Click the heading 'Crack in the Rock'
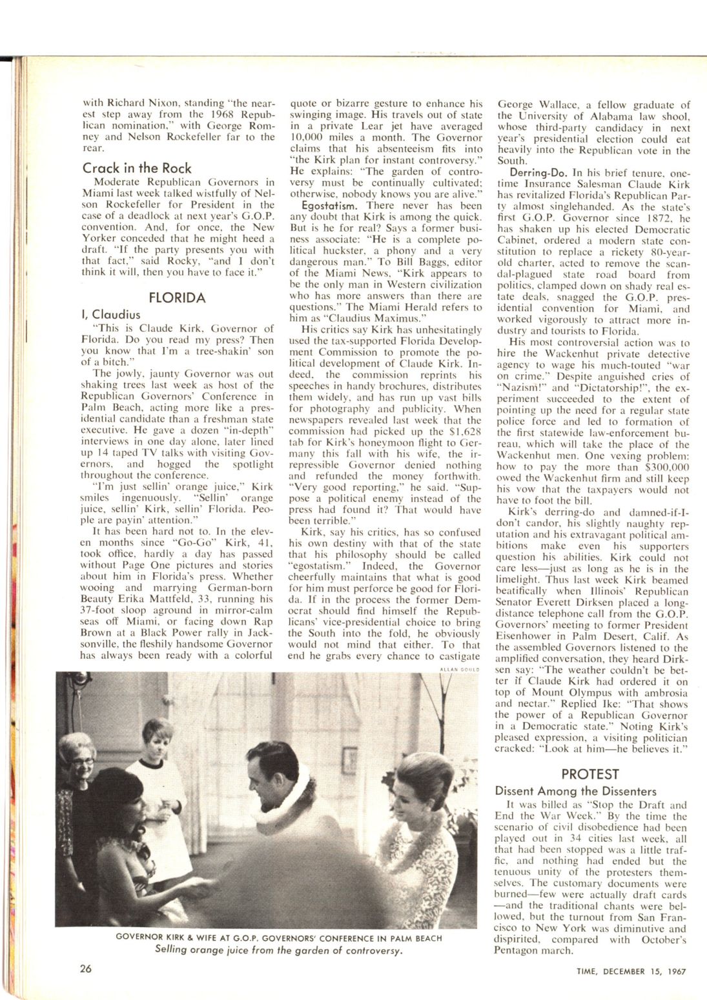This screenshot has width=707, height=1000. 137,168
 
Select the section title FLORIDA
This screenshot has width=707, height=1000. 177,298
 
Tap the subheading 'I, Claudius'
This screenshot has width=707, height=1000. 111,315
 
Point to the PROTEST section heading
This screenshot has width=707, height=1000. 590,774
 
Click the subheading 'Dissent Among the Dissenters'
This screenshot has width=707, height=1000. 575,791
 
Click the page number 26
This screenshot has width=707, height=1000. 87,968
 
